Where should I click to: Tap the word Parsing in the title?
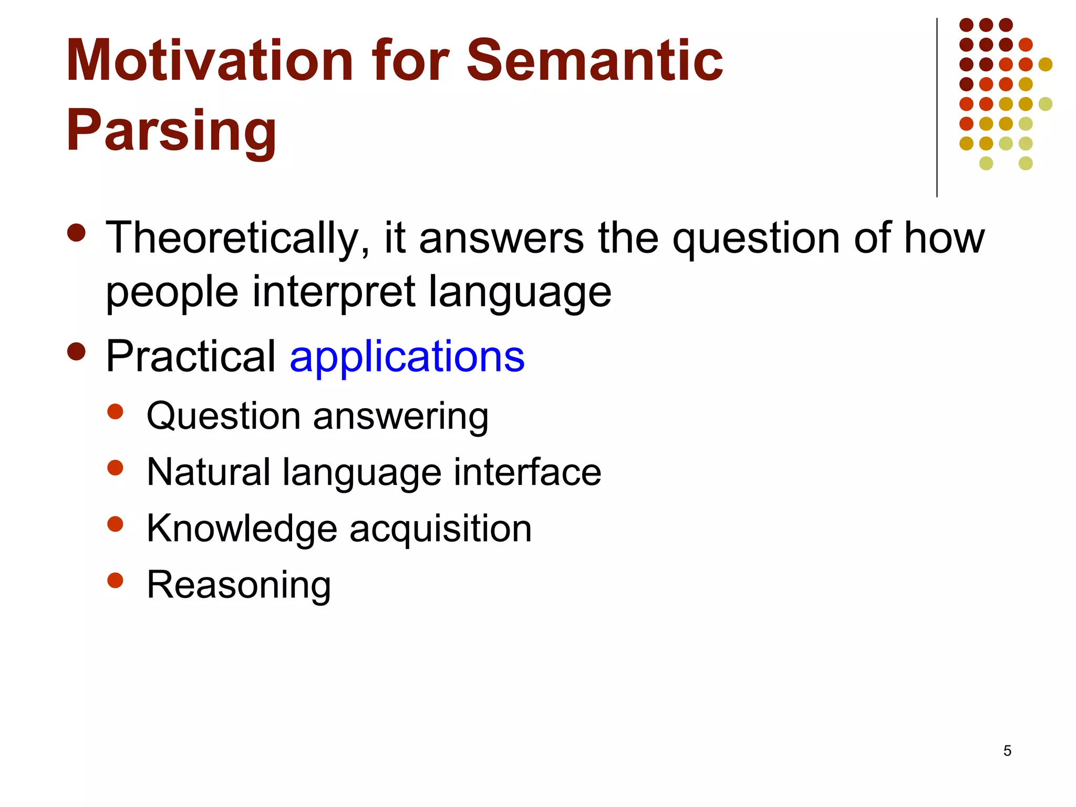171,130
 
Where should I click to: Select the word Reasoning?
239,585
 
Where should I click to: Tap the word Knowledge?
242,529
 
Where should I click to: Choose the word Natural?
208,472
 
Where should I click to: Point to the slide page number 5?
1007,751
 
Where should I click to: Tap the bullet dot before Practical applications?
77,351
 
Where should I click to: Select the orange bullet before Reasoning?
115,580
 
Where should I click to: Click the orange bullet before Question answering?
115,411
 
